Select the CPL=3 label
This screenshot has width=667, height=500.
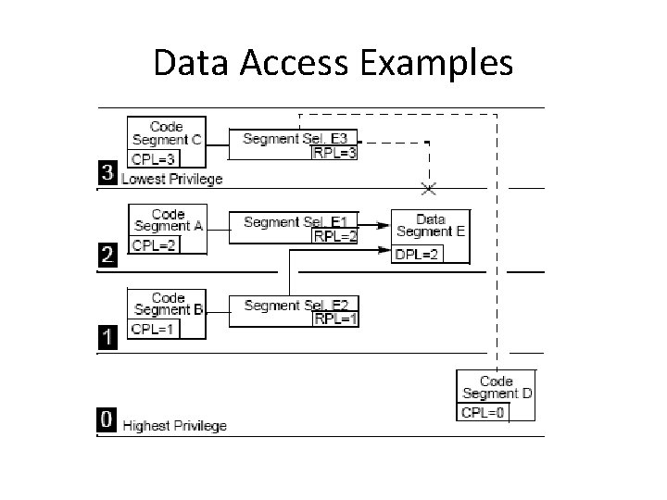click(153, 158)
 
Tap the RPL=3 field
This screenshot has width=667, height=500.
click(334, 152)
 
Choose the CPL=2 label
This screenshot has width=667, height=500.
click(155, 245)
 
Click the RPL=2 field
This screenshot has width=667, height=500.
click(335, 236)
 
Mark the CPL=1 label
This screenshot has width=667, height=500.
click(153, 330)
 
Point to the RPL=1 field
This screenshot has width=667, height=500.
click(335, 319)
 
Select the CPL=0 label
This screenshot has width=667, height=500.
click(482, 412)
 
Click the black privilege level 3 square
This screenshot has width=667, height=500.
click(109, 173)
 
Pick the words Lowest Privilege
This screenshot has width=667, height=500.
click(172, 178)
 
